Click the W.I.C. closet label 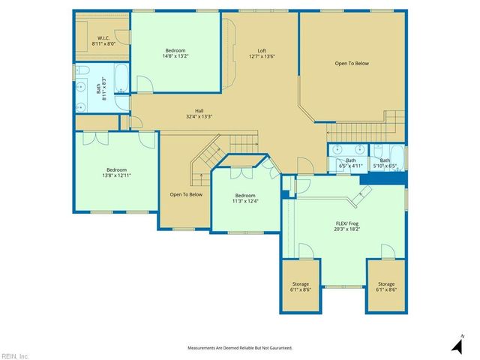pyautogui.click(x=102, y=37)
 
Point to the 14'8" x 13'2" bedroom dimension pyautogui.click(x=176, y=55)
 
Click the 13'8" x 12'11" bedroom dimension pyautogui.click(x=116, y=175)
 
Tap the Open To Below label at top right pyautogui.click(x=352, y=64)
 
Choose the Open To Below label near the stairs pyautogui.click(x=186, y=195)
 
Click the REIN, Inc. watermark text pyautogui.click(x=15, y=355)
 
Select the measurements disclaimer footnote pyautogui.click(x=239, y=348)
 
